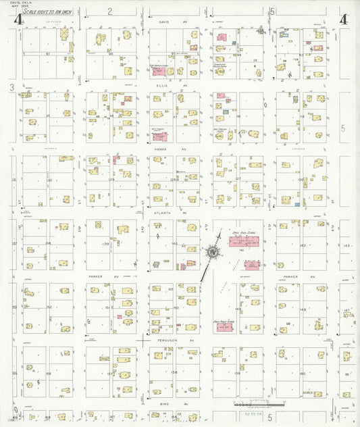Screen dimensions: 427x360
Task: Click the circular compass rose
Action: point(213,253)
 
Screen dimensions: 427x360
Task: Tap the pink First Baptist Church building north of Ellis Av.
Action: point(161,71)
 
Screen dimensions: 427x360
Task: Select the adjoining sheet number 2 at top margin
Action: point(109,11)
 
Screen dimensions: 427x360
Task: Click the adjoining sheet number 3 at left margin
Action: point(12,87)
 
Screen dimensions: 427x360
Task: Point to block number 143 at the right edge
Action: point(347,246)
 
